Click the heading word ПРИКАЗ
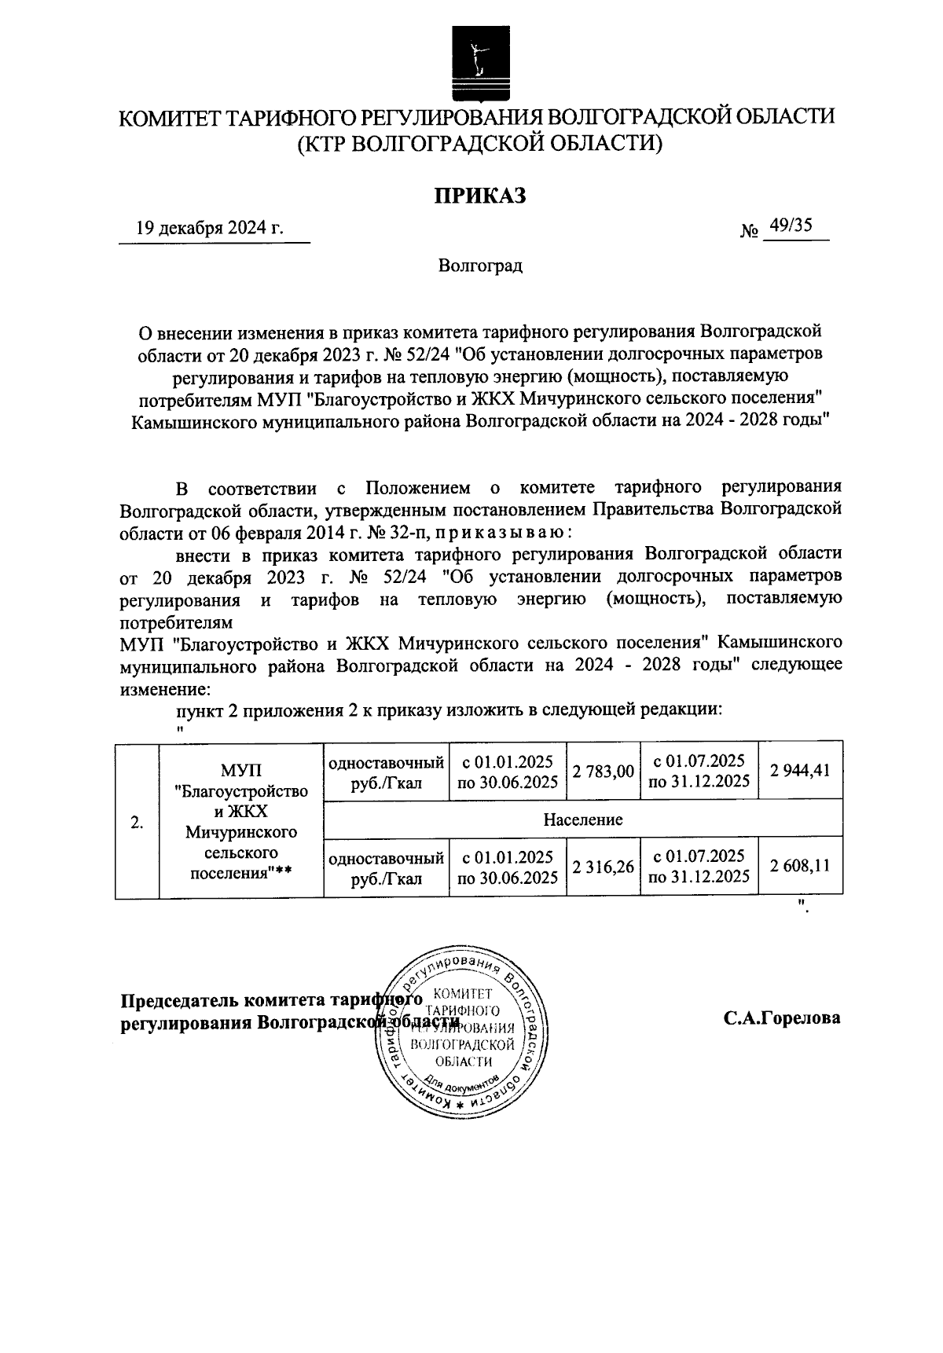click(x=480, y=196)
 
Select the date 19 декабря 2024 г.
click(x=209, y=229)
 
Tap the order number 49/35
click(x=791, y=226)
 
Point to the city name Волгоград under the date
click(x=480, y=266)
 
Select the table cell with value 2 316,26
click(x=603, y=867)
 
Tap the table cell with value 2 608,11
click(x=800, y=866)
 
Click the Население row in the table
click(x=582, y=819)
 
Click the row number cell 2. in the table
click(x=138, y=823)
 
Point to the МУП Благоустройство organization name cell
click(x=241, y=820)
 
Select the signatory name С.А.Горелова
click(x=782, y=1018)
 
